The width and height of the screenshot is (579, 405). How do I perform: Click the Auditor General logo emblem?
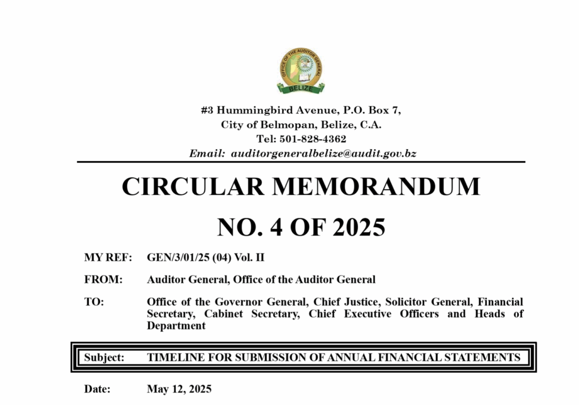pyautogui.click(x=301, y=71)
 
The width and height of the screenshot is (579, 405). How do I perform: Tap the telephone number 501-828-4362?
pyautogui.click(x=317, y=138)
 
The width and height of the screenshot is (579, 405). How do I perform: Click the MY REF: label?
pyautogui.click(x=108, y=258)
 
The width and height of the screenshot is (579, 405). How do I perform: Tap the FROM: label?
pyautogui.click(x=103, y=279)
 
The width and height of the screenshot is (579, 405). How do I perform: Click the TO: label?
pyautogui.click(x=94, y=302)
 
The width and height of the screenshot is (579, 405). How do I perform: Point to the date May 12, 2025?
pyautogui.click(x=179, y=389)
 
